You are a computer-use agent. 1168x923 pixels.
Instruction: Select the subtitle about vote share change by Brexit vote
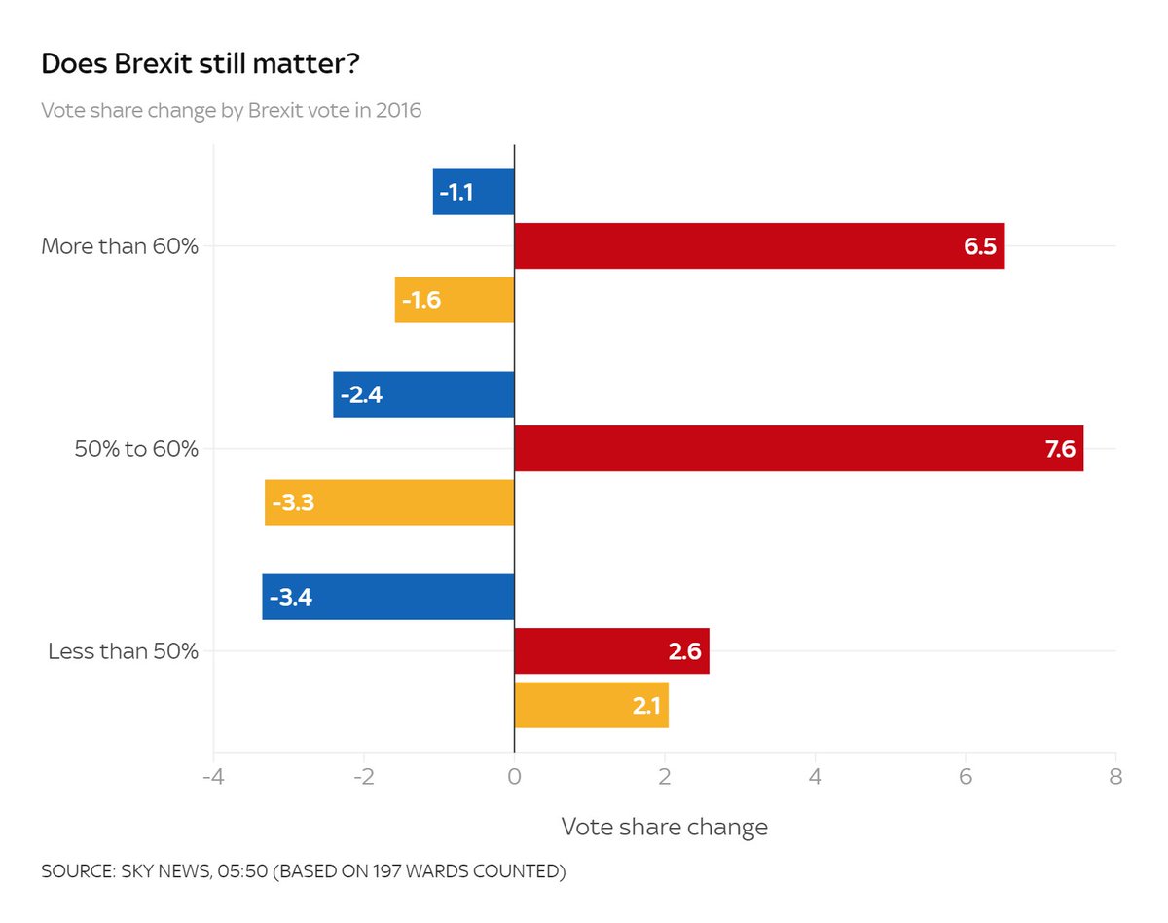click(x=231, y=110)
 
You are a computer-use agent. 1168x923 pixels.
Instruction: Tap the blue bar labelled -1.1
click(x=473, y=192)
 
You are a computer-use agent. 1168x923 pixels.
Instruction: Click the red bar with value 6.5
click(x=758, y=245)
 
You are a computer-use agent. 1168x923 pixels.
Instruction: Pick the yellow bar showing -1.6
click(x=454, y=300)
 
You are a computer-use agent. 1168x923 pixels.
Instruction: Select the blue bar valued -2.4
click(x=423, y=394)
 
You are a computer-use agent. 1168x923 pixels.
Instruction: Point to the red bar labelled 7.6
click(x=798, y=449)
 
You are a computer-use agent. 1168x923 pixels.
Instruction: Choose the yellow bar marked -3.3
click(x=389, y=502)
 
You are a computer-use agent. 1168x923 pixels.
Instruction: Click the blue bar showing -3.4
click(x=387, y=597)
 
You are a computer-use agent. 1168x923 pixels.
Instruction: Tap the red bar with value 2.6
click(x=611, y=651)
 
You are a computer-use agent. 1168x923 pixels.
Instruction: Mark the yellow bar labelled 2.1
click(x=591, y=705)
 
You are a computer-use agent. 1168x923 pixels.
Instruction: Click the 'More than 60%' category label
click(x=120, y=246)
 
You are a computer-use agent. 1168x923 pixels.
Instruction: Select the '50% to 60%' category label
click(x=136, y=449)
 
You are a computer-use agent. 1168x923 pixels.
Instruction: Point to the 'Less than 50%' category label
click(x=123, y=651)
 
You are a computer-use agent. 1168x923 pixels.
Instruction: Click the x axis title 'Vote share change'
click(x=664, y=827)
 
